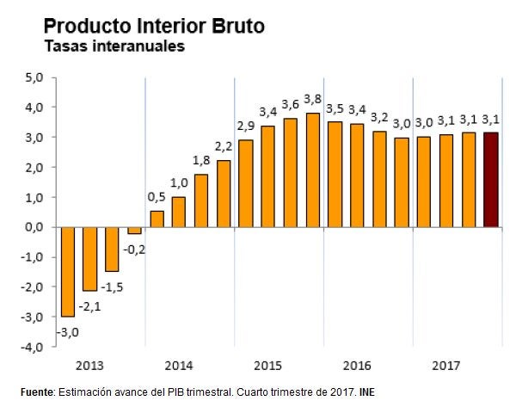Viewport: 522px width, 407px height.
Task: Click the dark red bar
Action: [490, 180]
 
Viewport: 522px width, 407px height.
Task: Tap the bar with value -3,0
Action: [67, 272]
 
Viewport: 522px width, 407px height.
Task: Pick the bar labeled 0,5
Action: [157, 219]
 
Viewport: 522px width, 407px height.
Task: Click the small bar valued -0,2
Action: [134, 231]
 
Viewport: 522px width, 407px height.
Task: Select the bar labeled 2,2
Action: [224, 194]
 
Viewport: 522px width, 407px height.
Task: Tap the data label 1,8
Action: [200, 159]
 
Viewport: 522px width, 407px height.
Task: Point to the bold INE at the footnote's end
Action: [366, 392]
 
